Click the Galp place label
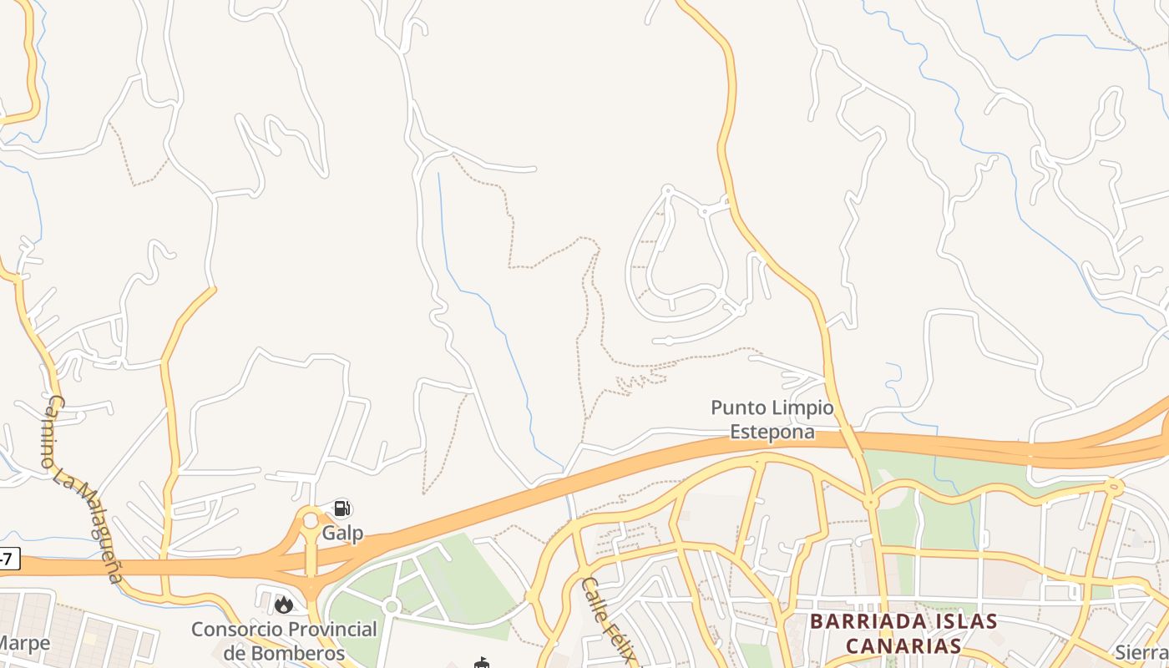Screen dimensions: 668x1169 [x=342, y=533]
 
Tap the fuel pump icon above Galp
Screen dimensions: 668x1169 [x=341, y=509]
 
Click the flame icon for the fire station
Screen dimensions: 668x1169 [x=284, y=605]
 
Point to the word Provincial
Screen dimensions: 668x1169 [x=329, y=629]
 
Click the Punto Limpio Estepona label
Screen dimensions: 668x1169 [x=772, y=419]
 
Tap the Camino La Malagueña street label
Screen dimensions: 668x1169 [x=81, y=489]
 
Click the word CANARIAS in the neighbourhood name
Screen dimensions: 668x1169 [x=903, y=646]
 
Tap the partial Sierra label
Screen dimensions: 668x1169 [x=1143, y=652]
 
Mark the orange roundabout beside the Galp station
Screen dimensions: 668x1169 [x=311, y=521]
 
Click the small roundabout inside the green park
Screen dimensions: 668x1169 [x=391, y=606]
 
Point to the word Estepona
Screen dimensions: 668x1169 [x=772, y=432]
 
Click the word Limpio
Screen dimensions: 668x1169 [x=802, y=407]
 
